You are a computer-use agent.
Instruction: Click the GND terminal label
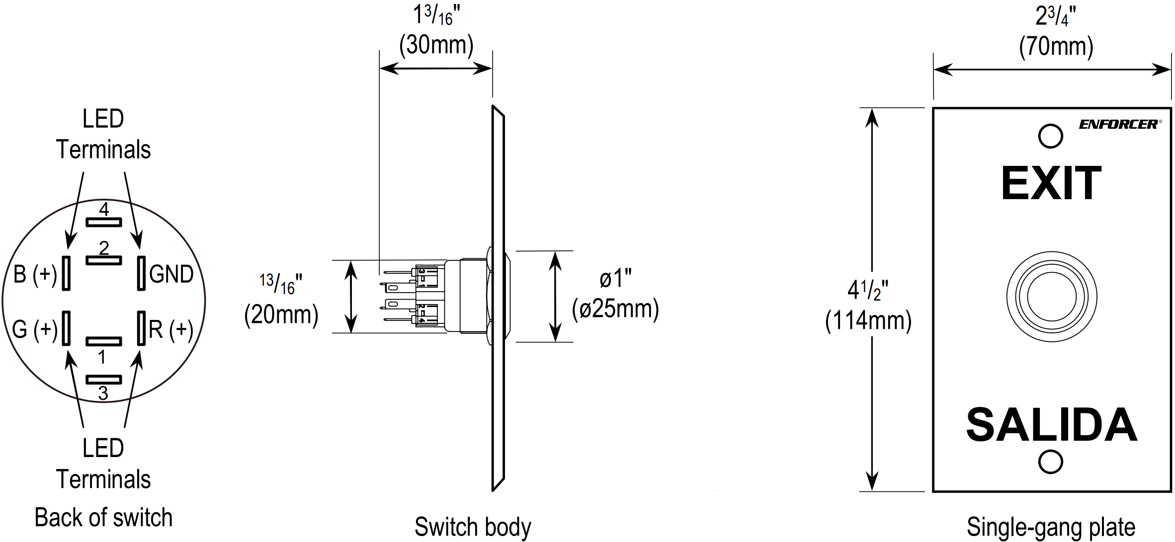[171, 274]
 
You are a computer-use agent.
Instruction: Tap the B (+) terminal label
[35, 274]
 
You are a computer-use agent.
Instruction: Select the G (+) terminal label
[35, 329]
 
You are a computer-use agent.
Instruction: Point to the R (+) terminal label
[171, 329]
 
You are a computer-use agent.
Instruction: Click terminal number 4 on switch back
[104, 209]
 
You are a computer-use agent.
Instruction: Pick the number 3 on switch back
[103, 393]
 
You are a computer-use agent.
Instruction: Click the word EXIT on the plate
[1051, 183]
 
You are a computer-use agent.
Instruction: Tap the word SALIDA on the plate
[1051, 425]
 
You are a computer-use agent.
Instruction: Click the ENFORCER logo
[1118, 124]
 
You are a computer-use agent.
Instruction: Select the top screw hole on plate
[1051, 136]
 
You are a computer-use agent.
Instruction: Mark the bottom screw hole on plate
[1051, 462]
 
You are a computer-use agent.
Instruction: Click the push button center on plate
[1052, 297]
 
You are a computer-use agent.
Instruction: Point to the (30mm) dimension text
[436, 45]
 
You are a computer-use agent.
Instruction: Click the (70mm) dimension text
[1056, 47]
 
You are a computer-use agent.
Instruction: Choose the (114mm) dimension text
[868, 320]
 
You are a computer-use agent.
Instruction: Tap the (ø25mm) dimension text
[615, 309]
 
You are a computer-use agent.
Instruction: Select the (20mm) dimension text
[281, 315]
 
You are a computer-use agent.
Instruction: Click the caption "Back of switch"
[103, 518]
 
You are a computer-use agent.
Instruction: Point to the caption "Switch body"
[473, 527]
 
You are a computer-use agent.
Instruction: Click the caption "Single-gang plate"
[1051, 527]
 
